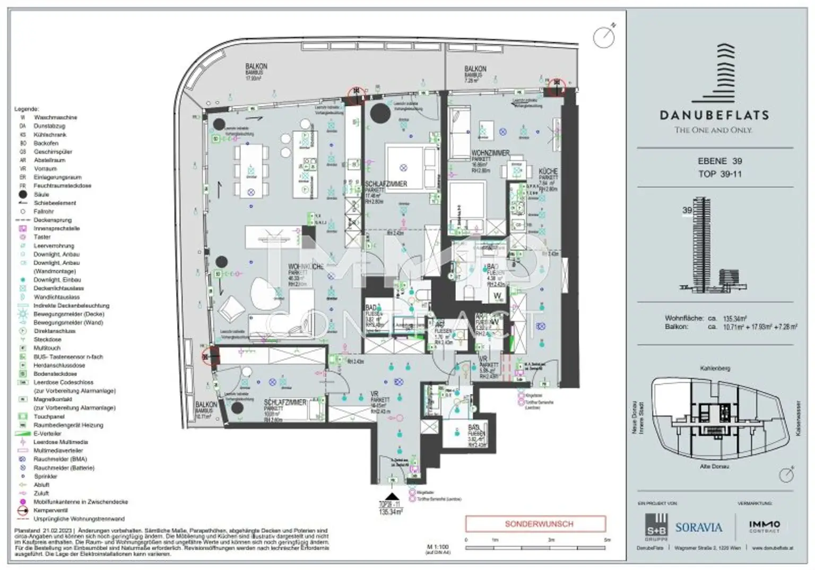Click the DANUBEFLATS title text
click(x=714, y=115)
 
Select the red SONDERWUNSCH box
click(x=535, y=524)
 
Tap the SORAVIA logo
click(x=698, y=527)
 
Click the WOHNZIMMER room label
click(x=490, y=153)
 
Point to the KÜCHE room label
click(x=548, y=172)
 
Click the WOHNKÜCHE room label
click(x=305, y=267)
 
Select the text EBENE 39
click(x=719, y=161)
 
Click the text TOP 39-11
click(x=719, y=174)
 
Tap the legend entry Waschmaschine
click(x=55, y=118)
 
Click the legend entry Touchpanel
click(x=49, y=417)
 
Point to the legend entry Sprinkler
click(x=45, y=476)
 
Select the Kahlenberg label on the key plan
click(x=715, y=368)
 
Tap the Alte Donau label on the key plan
click(x=714, y=467)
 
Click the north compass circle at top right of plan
click(x=603, y=37)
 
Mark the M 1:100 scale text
click(x=437, y=546)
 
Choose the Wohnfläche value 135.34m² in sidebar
click(x=735, y=319)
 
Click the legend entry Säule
click(x=41, y=195)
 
